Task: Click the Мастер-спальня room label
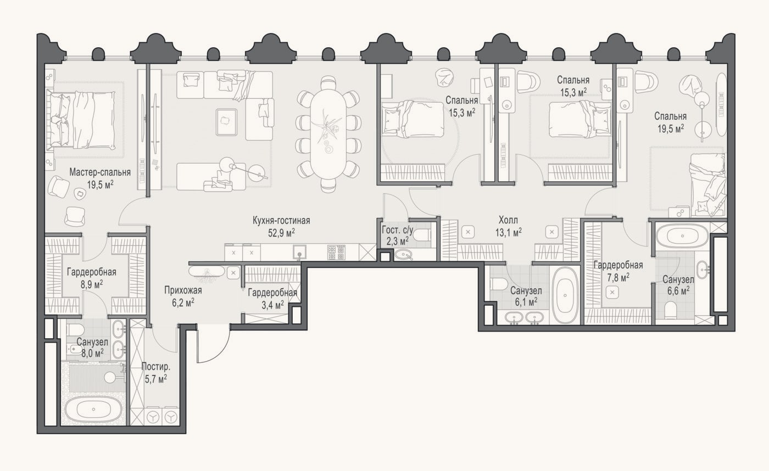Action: point(100,172)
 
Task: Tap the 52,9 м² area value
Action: point(281,233)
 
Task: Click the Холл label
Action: point(508,220)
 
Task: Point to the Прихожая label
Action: point(183,290)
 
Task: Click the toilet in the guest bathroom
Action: point(422,235)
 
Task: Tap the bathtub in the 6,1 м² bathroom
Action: point(565,295)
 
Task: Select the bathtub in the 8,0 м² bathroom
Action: point(93,410)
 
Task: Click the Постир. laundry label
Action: point(156,367)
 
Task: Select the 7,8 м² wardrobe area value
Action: point(618,277)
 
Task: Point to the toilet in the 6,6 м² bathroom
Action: point(670,310)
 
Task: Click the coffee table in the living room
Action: point(226,122)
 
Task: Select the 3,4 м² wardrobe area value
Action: point(273,305)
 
